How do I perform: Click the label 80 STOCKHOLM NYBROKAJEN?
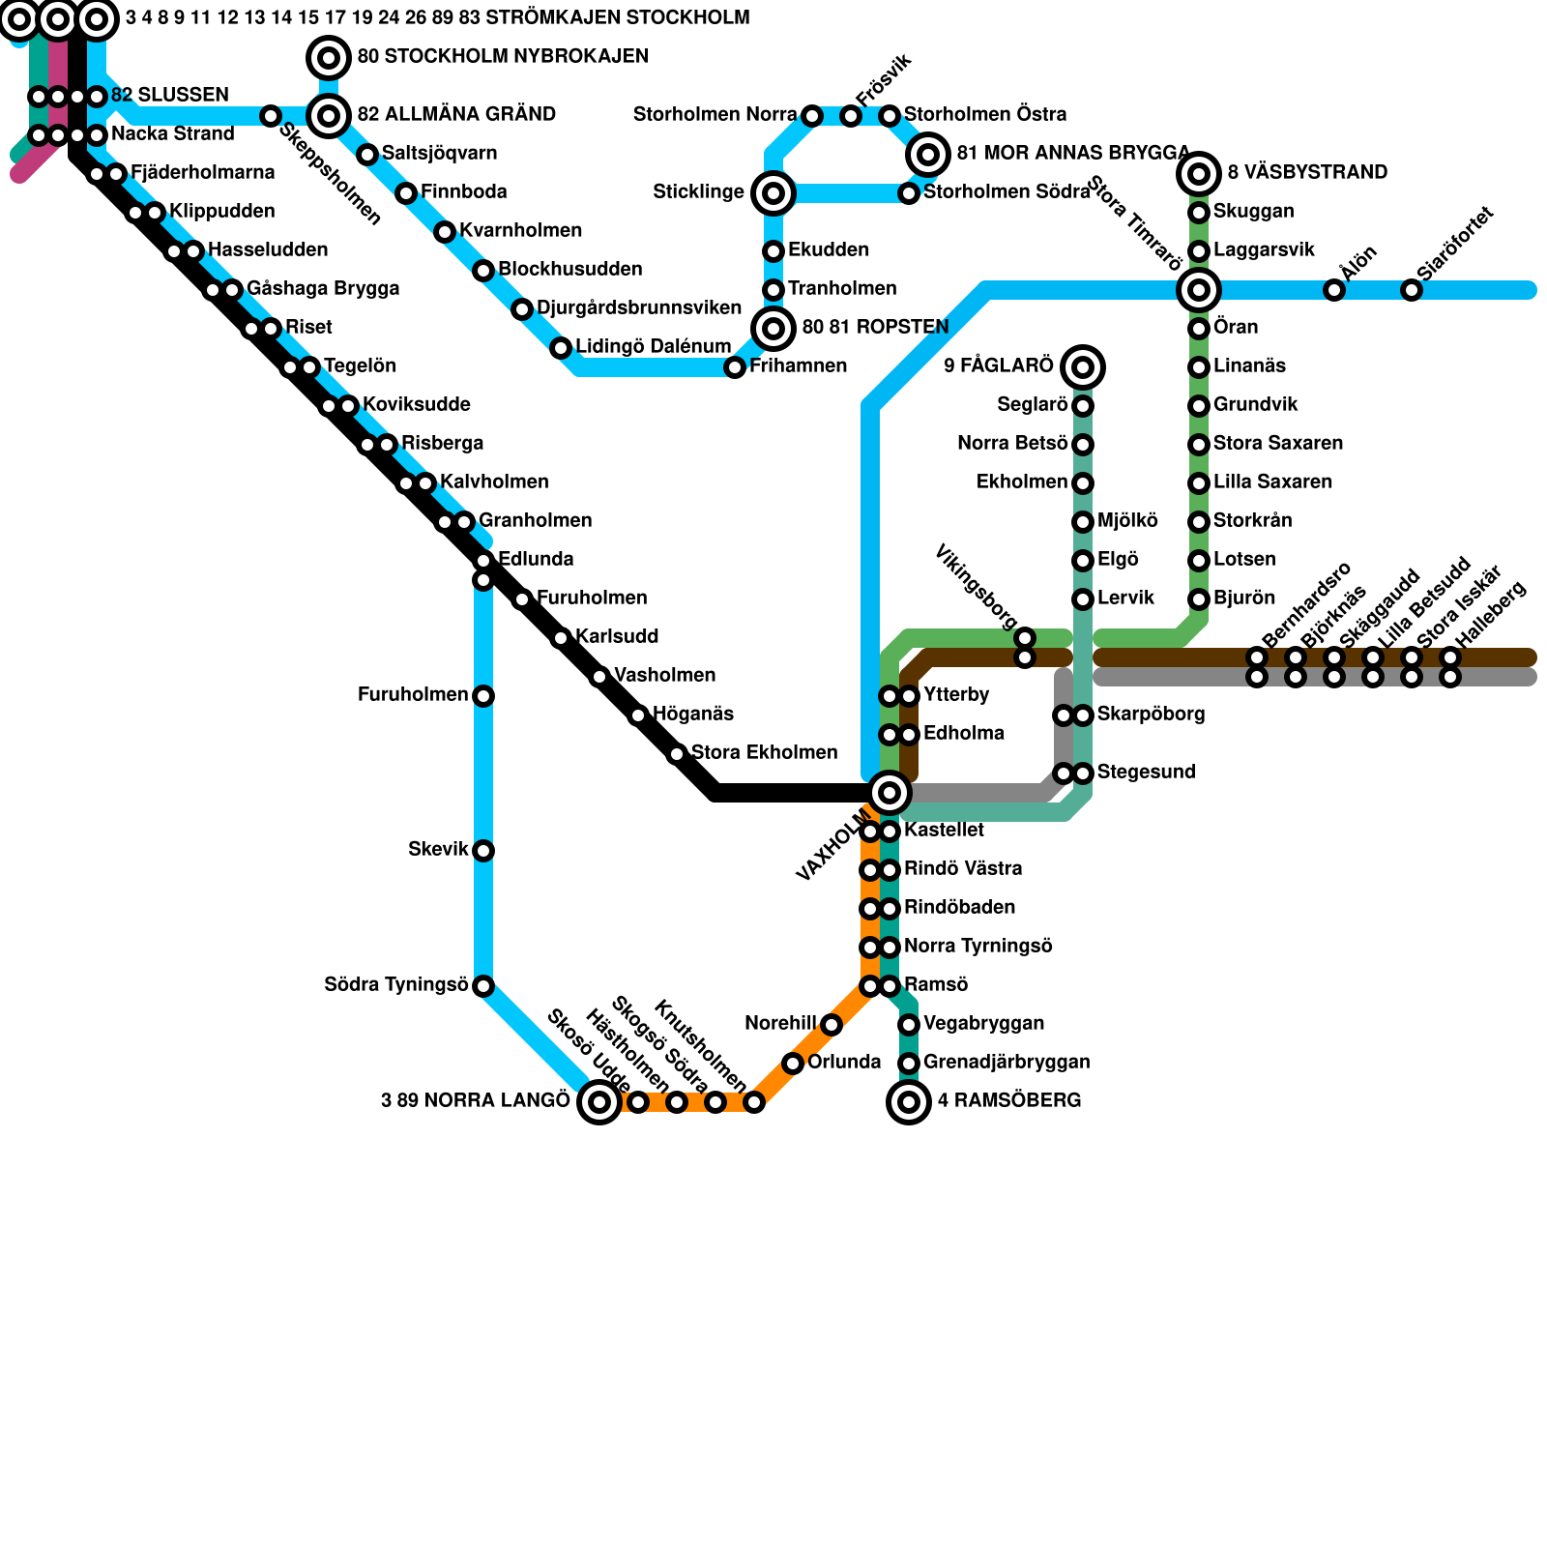pos(503,57)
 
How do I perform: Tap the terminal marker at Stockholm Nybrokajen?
pos(329,58)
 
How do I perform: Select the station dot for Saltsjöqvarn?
pos(367,155)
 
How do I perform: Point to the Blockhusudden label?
pos(569,270)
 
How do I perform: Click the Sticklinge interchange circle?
pos(773,193)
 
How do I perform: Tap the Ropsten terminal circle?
pos(773,329)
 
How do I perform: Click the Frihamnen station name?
pos(798,366)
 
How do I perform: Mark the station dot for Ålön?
pos(1334,290)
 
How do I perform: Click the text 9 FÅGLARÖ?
pos(998,366)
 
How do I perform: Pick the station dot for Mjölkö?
pos(1083,522)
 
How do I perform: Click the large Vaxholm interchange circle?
pos(890,793)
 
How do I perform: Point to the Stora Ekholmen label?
pos(764,753)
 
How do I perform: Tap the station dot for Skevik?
pos(483,851)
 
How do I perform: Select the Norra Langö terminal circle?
pos(599,1102)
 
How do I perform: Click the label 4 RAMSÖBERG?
pos(1009,1101)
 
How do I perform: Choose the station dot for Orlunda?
pos(793,1064)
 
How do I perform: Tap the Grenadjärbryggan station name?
pos(1007,1063)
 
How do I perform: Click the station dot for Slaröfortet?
pos(1412,290)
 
